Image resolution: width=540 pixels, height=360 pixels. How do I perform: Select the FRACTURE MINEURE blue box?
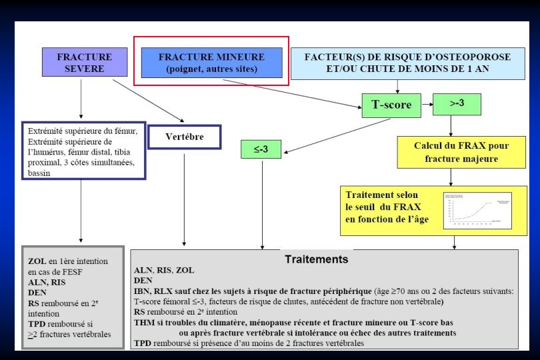pyautogui.click(x=211, y=63)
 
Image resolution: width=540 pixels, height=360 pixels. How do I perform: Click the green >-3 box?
pyautogui.click(x=457, y=103)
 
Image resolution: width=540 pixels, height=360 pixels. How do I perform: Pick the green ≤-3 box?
pyautogui.click(x=261, y=149)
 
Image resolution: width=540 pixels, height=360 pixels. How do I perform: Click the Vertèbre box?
pyautogui.click(x=184, y=137)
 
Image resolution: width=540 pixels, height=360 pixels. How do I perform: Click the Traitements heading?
pyautogui.click(x=316, y=259)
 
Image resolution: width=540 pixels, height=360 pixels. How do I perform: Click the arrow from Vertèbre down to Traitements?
pyautogui.click(x=184, y=200)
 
